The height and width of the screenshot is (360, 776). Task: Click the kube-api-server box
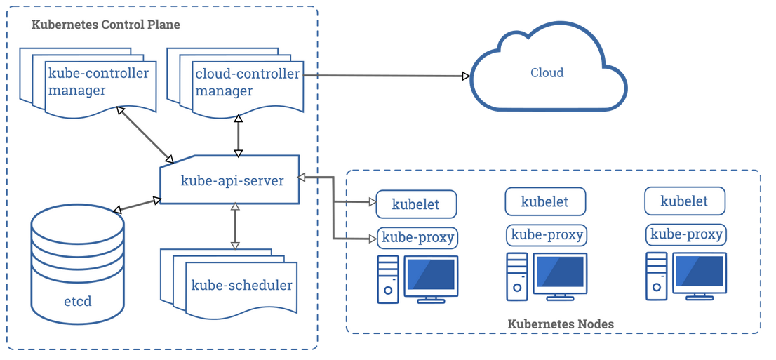click(232, 180)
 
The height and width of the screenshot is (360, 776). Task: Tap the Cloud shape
click(547, 73)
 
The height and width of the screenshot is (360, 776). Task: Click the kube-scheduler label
click(241, 286)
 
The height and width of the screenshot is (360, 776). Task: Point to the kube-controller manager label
click(98, 82)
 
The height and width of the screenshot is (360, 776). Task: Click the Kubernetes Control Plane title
click(106, 25)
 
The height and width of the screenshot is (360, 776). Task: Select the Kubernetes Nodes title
click(560, 324)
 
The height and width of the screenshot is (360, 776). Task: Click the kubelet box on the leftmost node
click(416, 204)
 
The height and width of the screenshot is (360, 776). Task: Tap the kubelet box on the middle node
click(545, 201)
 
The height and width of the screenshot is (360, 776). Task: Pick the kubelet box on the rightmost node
click(684, 201)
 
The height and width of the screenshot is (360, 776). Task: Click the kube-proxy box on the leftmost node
click(417, 237)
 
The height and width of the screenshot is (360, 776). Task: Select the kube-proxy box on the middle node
click(547, 234)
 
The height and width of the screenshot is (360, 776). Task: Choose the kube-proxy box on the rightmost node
click(686, 234)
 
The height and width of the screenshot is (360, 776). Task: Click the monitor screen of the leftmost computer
click(430, 274)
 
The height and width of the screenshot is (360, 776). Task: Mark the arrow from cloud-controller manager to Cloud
click(386, 75)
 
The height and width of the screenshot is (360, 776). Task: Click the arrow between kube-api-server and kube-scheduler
click(235, 226)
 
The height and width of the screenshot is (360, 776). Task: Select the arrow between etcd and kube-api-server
click(137, 205)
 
